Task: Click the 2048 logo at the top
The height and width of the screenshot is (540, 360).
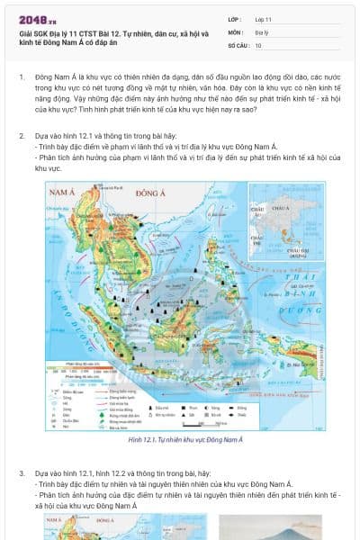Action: (x=36, y=18)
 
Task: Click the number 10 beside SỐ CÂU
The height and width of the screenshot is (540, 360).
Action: (x=258, y=44)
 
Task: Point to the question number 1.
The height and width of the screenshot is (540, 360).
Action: (x=21, y=78)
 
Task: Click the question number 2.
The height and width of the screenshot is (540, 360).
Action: (x=21, y=135)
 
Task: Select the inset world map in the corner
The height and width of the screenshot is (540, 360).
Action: (x=287, y=227)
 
